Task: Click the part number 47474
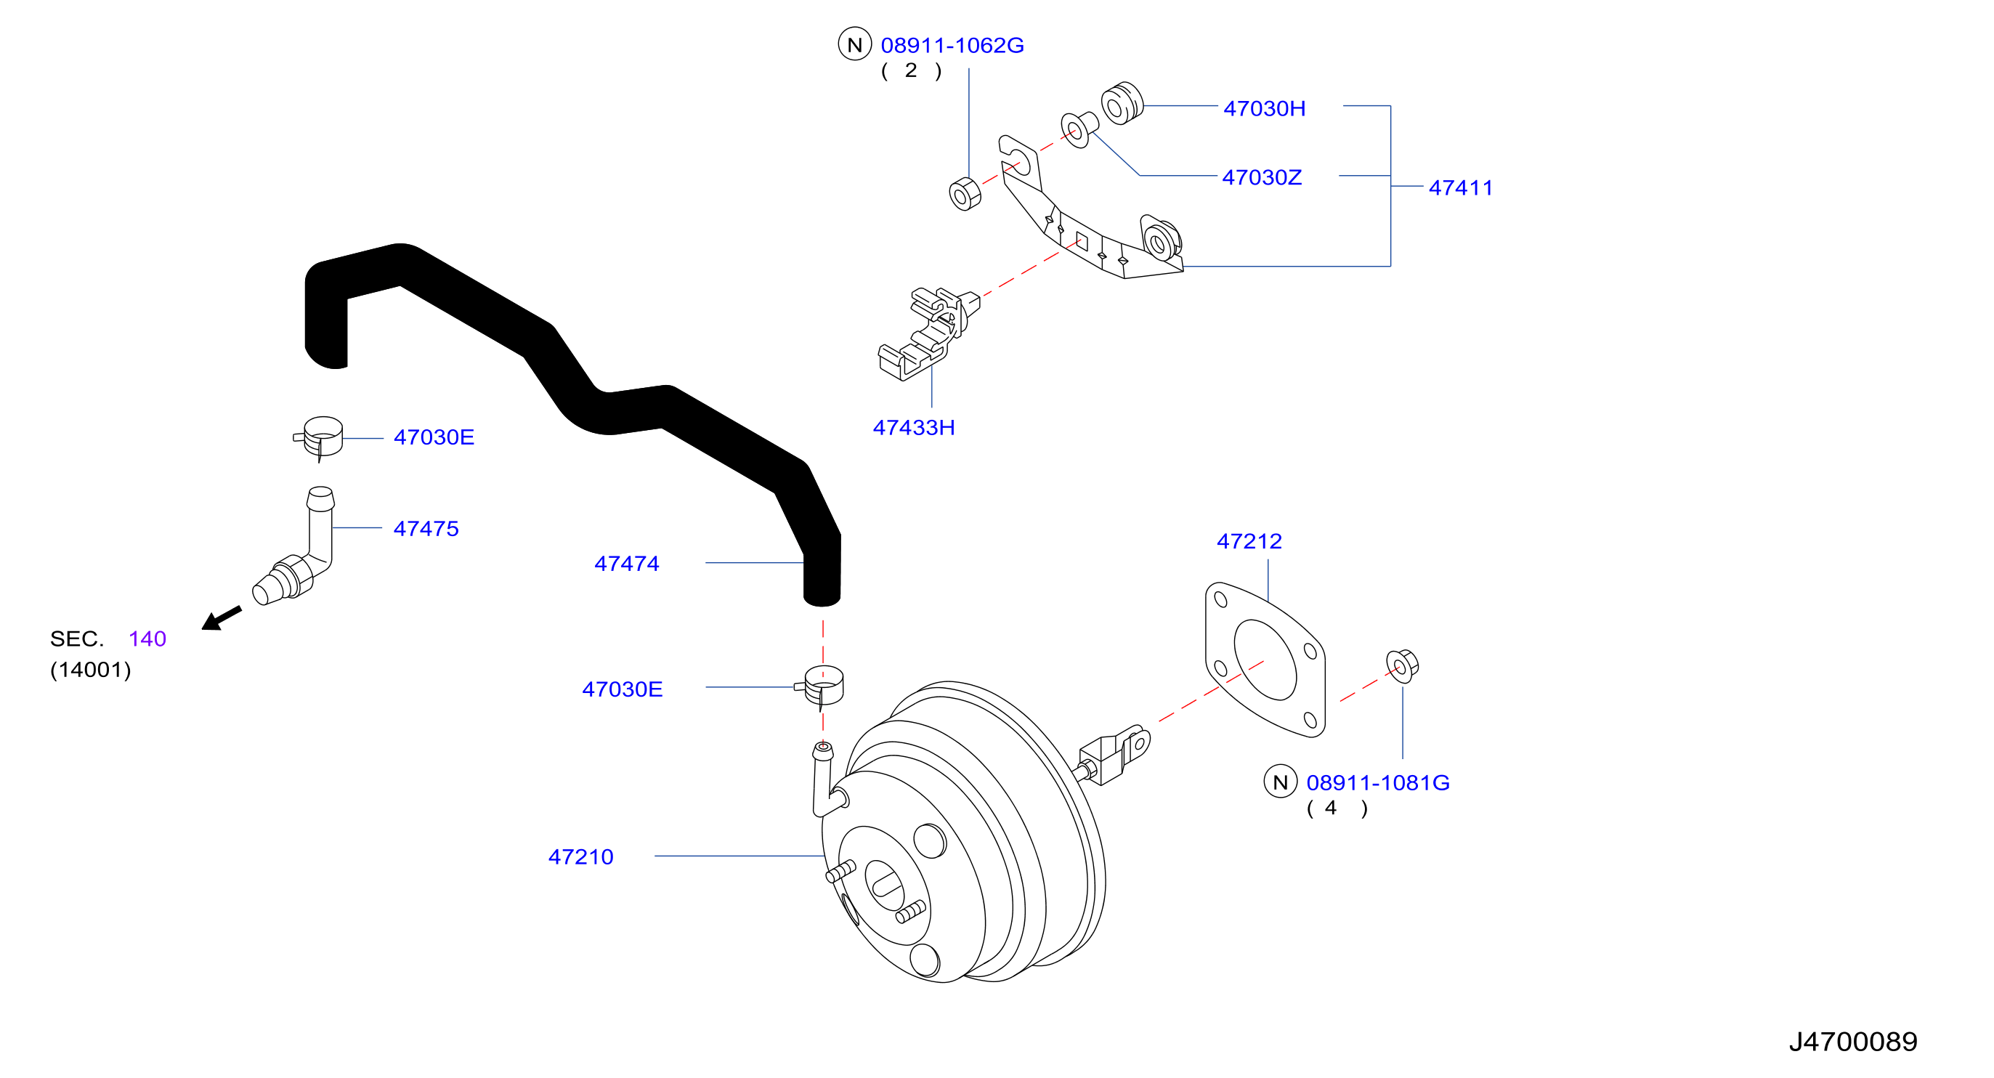tap(626, 564)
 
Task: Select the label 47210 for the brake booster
tap(580, 856)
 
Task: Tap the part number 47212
tap(1249, 541)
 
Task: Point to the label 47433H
tap(913, 427)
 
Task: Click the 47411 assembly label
tap(1461, 187)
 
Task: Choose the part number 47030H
tap(1264, 108)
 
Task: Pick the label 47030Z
tap(1262, 177)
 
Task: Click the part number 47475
tap(426, 529)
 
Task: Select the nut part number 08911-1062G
tap(952, 45)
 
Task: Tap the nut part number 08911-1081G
tap(1378, 782)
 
